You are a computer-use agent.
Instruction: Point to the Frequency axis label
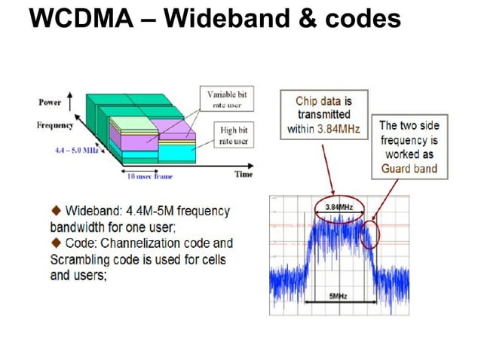click(x=54, y=125)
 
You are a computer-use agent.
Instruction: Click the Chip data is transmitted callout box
click(x=323, y=114)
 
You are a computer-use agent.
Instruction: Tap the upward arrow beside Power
click(x=71, y=101)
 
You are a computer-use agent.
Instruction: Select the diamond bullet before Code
click(x=55, y=243)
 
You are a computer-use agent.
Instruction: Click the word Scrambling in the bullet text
click(x=84, y=260)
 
